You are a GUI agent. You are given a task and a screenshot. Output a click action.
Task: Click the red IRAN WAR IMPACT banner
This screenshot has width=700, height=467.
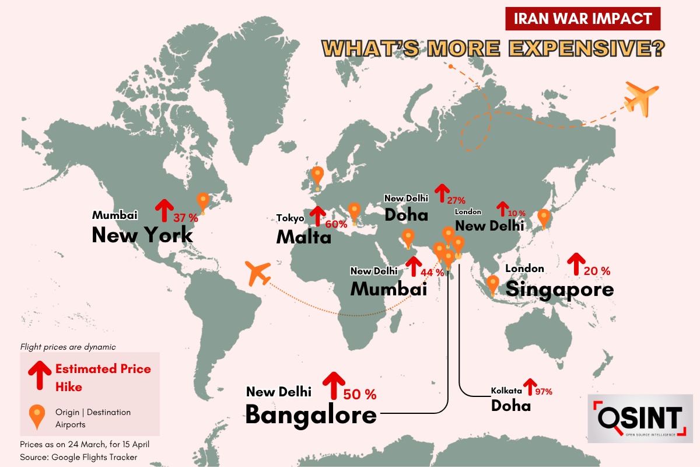[x=583, y=18]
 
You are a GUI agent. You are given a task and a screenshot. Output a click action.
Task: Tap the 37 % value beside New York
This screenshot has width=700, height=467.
[x=186, y=218]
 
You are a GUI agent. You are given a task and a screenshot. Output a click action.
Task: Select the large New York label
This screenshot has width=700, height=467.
[x=142, y=235]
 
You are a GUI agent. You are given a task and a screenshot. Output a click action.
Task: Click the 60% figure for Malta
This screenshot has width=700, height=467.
[x=337, y=224]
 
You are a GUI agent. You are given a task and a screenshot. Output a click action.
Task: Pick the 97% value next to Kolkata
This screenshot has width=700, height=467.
[x=542, y=392]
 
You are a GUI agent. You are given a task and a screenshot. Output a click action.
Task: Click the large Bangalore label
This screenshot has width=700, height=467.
[x=310, y=414]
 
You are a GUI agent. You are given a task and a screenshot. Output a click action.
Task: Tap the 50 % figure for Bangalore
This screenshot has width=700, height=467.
[x=360, y=394]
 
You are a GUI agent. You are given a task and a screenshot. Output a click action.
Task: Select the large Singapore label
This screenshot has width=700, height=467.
[x=559, y=289]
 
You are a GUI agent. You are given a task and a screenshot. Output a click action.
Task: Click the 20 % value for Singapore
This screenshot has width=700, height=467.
[x=598, y=271]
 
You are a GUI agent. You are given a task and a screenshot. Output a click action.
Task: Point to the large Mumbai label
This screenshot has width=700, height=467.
[x=388, y=288]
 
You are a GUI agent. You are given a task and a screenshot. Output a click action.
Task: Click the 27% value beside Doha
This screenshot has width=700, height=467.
[x=456, y=200]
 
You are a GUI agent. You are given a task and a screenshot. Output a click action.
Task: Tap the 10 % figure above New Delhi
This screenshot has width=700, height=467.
[x=516, y=214]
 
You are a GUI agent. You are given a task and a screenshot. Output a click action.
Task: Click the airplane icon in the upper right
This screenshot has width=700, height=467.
[x=641, y=97]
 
